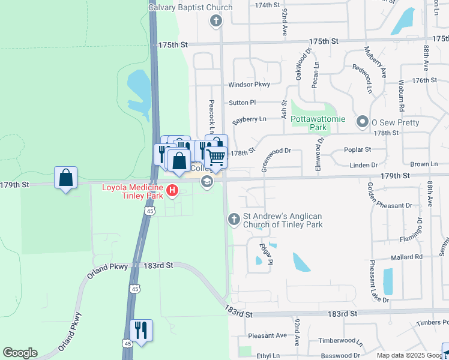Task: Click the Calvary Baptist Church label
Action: coord(190,7)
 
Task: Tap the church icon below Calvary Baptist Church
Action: coord(216,22)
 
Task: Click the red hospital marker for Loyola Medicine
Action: coord(172,191)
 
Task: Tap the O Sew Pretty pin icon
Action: coord(362,122)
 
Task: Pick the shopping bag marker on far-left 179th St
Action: coord(65,178)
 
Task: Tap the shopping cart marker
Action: coord(215,157)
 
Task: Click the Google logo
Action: coord(20,353)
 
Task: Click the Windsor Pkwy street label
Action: coord(249,85)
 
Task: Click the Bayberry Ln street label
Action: coord(249,119)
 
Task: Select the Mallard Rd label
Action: coord(410,257)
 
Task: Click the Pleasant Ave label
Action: coord(267,336)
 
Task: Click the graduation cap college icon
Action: coord(207,182)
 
